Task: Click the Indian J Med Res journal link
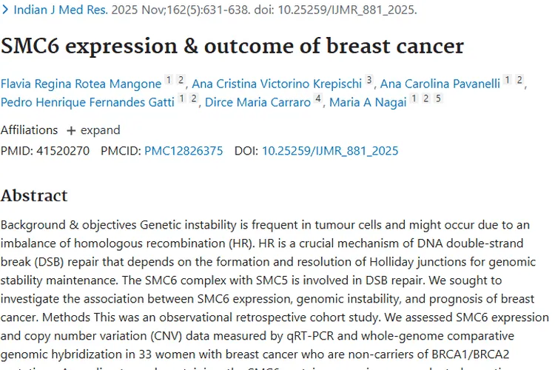point(60,10)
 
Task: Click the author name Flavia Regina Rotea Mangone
point(81,84)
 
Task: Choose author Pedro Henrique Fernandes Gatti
point(87,102)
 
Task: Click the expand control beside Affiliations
point(93,130)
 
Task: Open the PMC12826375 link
point(183,151)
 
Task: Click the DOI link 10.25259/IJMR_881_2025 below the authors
point(330,151)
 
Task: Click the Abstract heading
point(34,195)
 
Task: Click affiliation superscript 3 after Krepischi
point(369,80)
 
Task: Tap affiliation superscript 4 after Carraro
point(317,98)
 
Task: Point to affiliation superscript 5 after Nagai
point(438,98)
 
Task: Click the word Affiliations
point(29,130)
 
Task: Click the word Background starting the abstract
point(33,224)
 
